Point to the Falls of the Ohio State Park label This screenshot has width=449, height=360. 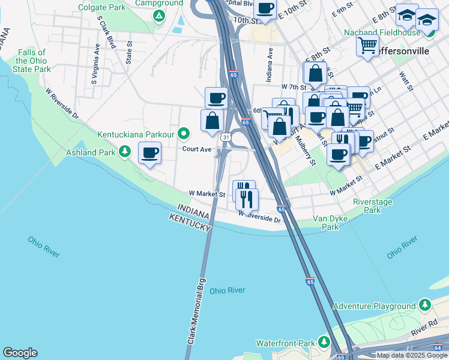tap(34, 61)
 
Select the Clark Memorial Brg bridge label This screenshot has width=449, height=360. tap(195, 309)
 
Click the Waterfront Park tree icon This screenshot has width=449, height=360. tap(324, 343)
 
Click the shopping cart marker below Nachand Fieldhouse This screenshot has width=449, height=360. tap(367, 45)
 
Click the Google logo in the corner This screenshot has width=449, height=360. tap(20, 353)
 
